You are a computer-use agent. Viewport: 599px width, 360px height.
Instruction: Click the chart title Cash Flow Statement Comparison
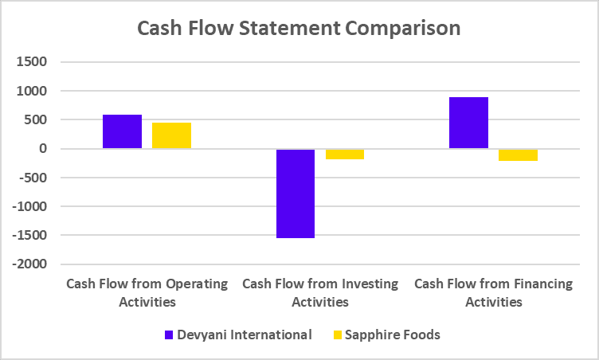(299, 28)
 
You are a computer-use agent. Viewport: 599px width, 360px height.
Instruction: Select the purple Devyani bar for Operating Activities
(122, 131)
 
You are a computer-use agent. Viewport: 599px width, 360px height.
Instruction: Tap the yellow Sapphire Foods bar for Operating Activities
(171, 135)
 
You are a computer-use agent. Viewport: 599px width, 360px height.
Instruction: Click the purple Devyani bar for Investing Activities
(296, 194)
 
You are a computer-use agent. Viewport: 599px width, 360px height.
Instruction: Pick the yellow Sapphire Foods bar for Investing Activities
(345, 154)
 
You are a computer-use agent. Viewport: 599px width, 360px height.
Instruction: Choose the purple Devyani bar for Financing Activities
(468, 123)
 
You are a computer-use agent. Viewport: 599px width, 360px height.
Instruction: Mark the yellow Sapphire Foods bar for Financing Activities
(518, 155)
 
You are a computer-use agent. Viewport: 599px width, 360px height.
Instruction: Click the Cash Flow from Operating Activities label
(147, 292)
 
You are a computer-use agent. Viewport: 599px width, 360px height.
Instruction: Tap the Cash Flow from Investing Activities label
(319, 292)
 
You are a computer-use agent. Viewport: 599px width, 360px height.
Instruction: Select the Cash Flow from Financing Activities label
(493, 292)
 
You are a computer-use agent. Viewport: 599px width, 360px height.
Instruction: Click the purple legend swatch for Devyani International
(170, 335)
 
